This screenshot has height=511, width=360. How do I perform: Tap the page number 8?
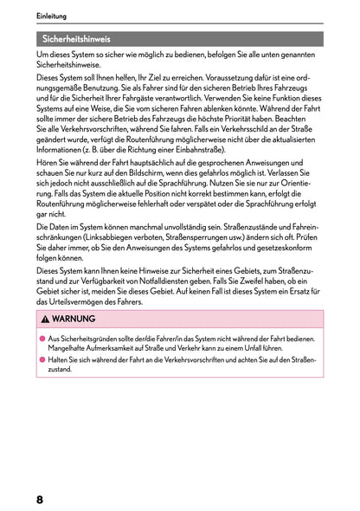pyautogui.click(x=40, y=475)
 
